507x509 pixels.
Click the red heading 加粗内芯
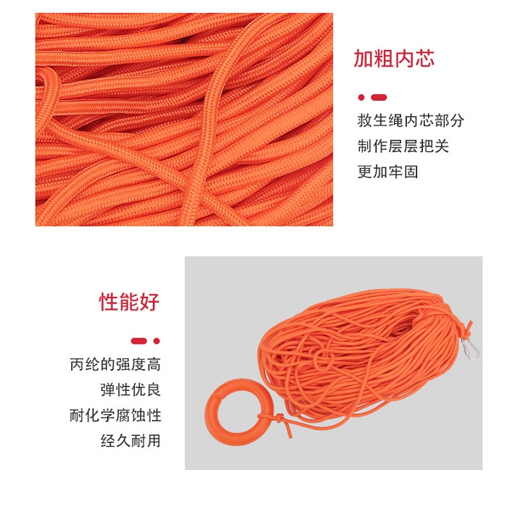tap(394, 59)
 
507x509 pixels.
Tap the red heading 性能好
tap(129, 302)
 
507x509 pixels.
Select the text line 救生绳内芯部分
tap(411, 120)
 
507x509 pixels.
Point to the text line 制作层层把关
tap(403, 146)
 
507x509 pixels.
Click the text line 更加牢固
tap(387, 172)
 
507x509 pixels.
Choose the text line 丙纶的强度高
tap(115, 364)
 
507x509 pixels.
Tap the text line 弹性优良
tap(130, 390)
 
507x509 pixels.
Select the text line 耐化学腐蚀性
tap(115, 416)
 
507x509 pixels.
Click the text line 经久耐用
tap(130, 441)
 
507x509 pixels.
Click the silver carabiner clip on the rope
tap(470, 349)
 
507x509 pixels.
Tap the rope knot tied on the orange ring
tap(277, 418)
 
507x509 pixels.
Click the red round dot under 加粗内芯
tap(361, 98)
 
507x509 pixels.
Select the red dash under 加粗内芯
tap(379, 98)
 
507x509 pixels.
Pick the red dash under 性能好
tap(139, 341)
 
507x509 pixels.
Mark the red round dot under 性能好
tap(156, 341)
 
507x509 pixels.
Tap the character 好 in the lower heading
tap(150, 302)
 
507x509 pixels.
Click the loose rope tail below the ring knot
tap(285, 428)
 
